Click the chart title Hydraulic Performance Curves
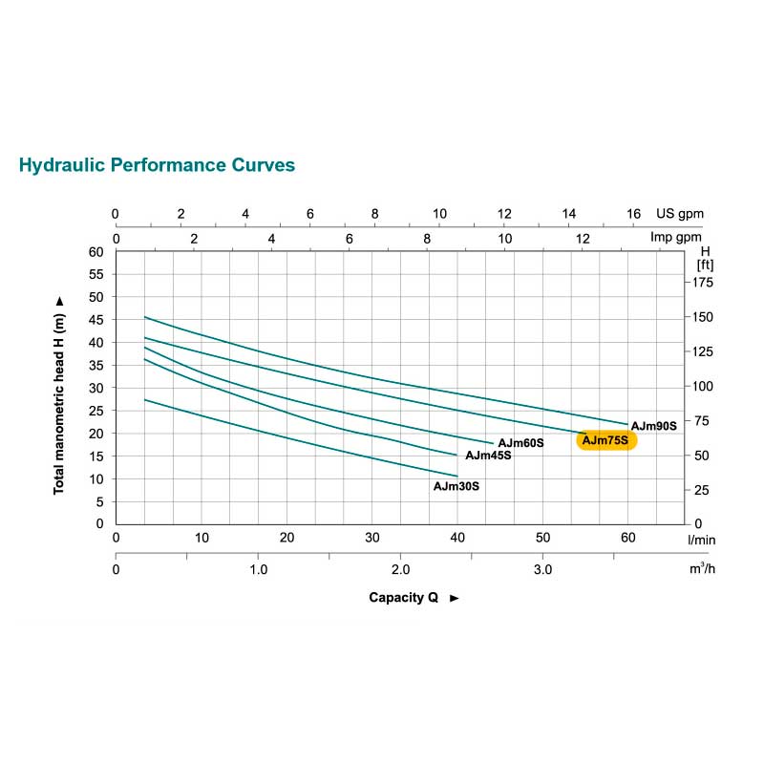[157, 165]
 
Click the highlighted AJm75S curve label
[605, 440]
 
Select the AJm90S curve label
[654, 426]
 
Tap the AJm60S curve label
[520, 443]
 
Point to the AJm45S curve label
[488, 456]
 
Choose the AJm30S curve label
[456, 486]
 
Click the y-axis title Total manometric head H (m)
[59, 393]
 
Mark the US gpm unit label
[679, 214]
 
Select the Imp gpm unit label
[676, 238]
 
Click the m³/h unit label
[702, 569]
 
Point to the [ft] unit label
[705, 265]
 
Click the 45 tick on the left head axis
[95, 297]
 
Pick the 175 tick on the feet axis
[703, 283]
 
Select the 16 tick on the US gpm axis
[633, 214]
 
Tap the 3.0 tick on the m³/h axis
[542, 569]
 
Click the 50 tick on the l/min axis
[542, 539]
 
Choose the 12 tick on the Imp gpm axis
[583, 238]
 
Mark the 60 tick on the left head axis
[95, 252]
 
